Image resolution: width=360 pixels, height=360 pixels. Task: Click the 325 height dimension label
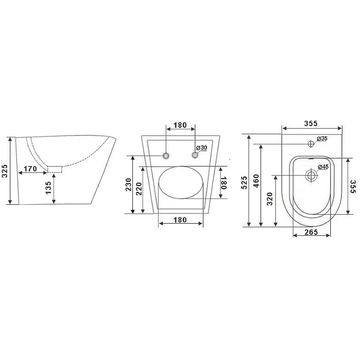(4, 171)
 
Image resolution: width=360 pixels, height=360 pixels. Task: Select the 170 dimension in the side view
(30, 169)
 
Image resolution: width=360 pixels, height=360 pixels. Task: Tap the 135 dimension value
(49, 188)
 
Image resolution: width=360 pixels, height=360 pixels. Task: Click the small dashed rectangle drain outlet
(55, 169)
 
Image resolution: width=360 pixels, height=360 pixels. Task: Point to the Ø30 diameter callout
(202, 148)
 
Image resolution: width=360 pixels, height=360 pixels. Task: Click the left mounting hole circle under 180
(166, 156)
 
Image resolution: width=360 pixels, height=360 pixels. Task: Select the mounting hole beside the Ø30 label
(195, 155)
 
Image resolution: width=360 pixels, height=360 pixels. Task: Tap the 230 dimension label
(128, 184)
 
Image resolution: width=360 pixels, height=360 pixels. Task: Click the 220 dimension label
(139, 189)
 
